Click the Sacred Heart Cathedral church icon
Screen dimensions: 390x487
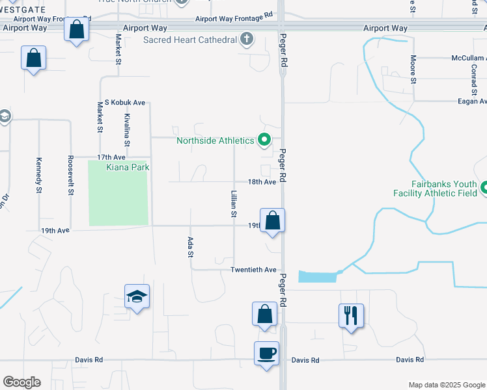pyautogui.click(x=246, y=40)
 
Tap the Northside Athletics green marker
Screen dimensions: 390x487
pyautogui.click(x=264, y=140)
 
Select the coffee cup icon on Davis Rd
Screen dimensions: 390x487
pyautogui.click(x=266, y=354)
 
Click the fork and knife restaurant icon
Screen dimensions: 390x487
pyautogui.click(x=351, y=316)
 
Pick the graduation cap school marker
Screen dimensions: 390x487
pyautogui.click(x=137, y=296)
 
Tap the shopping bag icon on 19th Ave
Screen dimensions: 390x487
pyautogui.click(x=273, y=220)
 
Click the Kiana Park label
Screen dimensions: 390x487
pyautogui.click(x=128, y=168)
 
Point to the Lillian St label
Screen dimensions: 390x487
pyautogui.click(x=232, y=204)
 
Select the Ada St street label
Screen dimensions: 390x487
pyautogui.click(x=191, y=246)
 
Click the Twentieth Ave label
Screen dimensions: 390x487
pyautogui.click(x=254, y=270)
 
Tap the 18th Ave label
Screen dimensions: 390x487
pyautogui.click(x=262, y=182)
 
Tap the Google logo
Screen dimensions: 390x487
pyautogui.click(x=21, y=382)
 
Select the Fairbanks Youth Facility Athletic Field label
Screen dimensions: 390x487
pyautogui.click(x=434, y=188)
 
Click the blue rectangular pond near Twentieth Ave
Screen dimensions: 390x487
pyautogui.click(x=318, y=276)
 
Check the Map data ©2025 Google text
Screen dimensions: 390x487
pyautogui.click(x=446, y=385)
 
